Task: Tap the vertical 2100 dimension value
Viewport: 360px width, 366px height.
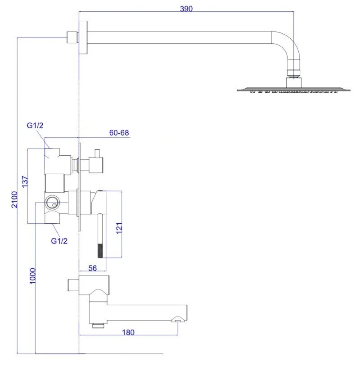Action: tap(14, 199)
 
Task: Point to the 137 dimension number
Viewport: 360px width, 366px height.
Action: tap(25, 181)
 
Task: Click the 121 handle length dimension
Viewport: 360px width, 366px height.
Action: tap(119, 227)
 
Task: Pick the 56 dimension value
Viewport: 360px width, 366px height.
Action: tap(93, 268)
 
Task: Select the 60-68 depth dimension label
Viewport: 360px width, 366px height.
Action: tap(119, 133)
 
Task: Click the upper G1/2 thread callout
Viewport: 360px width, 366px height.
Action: tap(35, 126)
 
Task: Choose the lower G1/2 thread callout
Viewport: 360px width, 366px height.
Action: tap(59, 241)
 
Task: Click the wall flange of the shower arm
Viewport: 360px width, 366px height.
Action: tap(82, 37)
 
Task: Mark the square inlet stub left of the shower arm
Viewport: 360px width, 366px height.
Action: tap(71, 37)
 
